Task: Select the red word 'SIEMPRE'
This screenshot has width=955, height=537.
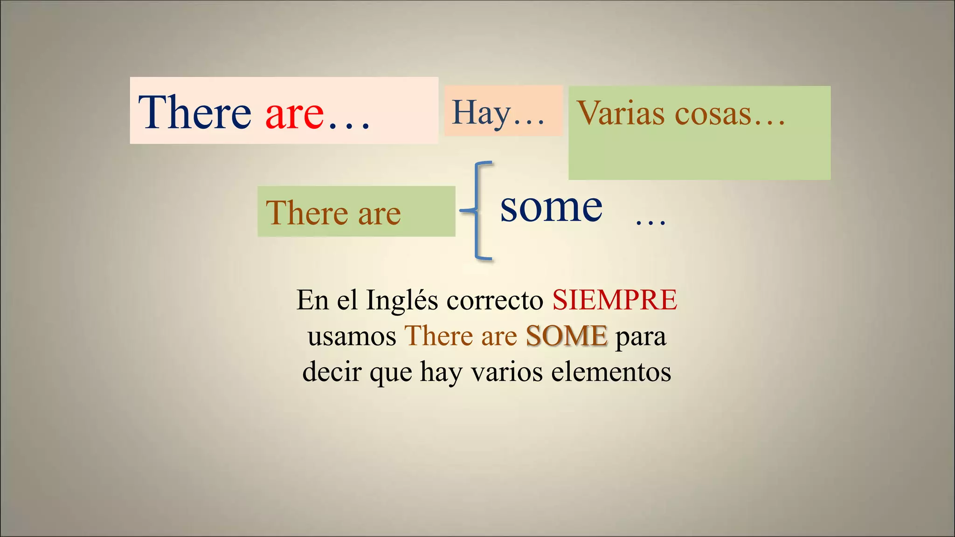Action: click(615, 300)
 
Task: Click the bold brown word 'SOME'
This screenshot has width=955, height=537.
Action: click(567, 336)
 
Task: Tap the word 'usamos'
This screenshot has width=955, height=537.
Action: click(352, 336)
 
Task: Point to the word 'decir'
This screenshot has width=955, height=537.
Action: click(332, 372)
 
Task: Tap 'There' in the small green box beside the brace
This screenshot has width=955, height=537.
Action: click(307, 213)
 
